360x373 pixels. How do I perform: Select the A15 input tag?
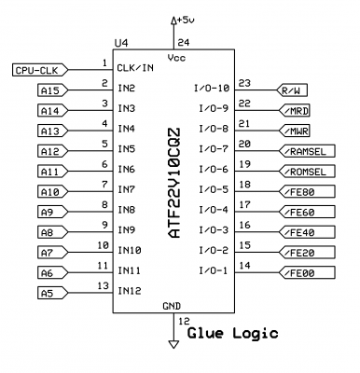pos(50,90)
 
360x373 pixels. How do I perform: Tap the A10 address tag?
pos(50,192)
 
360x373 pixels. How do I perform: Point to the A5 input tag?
pos(49,294)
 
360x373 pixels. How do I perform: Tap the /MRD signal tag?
pos(298,111)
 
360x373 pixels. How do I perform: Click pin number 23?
pos(244,82)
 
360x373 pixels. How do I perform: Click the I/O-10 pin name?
pos(211,89)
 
